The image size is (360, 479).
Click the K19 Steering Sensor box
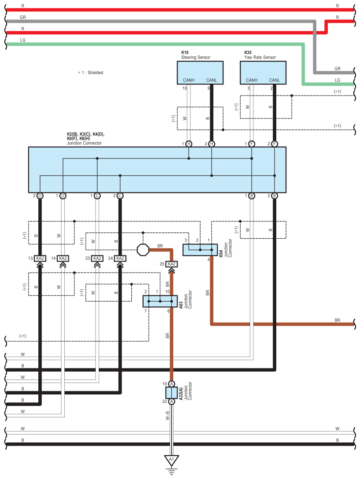200,72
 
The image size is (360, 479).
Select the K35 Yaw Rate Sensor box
263,72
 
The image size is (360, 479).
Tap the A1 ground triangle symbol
172,460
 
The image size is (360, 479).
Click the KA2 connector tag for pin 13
40,258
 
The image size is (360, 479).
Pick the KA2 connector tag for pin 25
172,264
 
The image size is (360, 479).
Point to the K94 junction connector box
200,250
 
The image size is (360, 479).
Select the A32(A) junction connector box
172,392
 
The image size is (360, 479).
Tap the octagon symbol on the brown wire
143,250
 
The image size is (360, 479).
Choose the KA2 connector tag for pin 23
97,258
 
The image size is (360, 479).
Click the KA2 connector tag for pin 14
63,258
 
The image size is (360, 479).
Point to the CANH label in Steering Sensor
189,80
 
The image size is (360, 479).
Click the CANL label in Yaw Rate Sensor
274,80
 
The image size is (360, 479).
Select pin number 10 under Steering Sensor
185,88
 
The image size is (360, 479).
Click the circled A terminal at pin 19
172,384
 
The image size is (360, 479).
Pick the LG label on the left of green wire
23,40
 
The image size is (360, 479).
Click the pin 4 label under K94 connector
208,260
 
